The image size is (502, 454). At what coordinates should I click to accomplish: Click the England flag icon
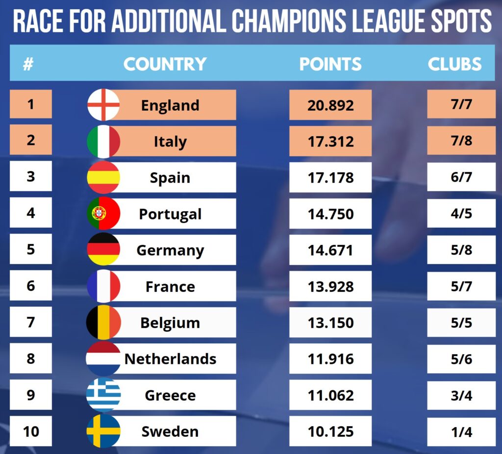(x=103, y=105)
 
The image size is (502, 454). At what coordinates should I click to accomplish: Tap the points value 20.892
(x=330, y=105)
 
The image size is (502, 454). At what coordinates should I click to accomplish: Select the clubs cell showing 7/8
(x=461, y=141)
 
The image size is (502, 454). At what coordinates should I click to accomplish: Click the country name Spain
(x=170, y=177)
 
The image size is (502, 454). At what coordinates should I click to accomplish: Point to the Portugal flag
(x=103, y=214)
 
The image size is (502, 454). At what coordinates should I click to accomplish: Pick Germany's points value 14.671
(x=330, y=250)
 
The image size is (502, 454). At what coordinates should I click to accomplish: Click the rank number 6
(x=31, y=286)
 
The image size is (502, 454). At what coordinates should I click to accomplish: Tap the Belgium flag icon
(x=103, y=323)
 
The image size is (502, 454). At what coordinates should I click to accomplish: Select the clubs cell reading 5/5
(x=461, y=323)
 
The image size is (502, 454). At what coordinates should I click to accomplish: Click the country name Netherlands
(x=170, y=359)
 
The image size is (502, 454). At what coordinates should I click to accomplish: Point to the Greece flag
(x=103, y=395)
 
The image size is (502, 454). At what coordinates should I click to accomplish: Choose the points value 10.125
(x=330, y=431)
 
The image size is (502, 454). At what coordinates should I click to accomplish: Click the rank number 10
(x=31, y=431)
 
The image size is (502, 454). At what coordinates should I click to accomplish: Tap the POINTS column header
(x=330, y=64)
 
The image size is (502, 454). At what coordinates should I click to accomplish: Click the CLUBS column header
(x=454, y=64)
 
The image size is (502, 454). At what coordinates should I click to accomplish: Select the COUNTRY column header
(x=165, y=64)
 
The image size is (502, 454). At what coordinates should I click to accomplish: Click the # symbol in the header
(x=28, y=64)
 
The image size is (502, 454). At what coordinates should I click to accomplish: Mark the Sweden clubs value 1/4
(x=461, y=431)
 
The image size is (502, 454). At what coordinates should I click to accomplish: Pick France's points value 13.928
(x=330, y=287)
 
